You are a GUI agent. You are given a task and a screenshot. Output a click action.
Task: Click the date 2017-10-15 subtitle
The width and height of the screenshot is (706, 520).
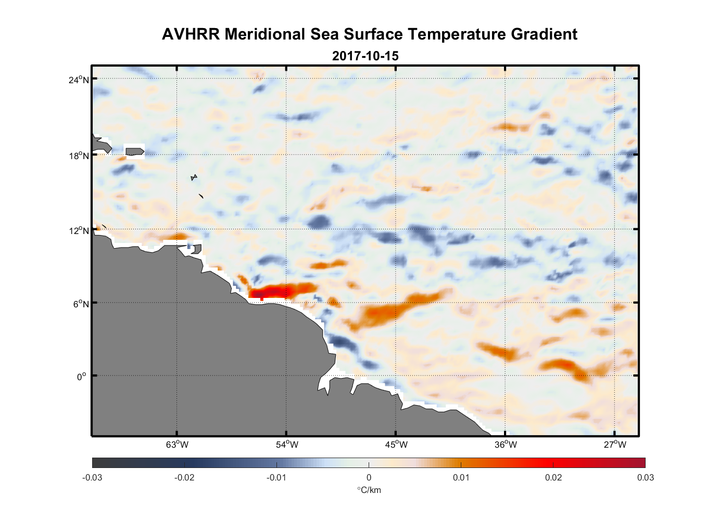pos(365,56)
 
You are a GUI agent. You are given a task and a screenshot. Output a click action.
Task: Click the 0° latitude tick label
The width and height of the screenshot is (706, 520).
pos(82,376)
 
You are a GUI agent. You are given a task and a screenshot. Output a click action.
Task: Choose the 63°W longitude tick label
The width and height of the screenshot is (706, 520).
pos(177,445)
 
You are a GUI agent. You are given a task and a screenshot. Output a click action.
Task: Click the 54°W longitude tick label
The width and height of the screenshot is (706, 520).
pos(287,445)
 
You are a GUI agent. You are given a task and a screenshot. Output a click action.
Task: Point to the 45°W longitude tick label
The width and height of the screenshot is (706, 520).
pos(396,445)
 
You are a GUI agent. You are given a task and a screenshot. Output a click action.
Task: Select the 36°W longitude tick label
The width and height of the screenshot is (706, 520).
pos(506,445)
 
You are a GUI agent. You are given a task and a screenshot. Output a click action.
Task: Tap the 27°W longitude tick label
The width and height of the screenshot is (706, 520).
pos(615,445)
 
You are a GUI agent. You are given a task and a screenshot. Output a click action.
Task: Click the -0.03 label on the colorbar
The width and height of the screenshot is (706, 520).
pos(92,477)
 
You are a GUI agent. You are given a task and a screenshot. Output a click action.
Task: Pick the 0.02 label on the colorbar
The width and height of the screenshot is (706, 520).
pos(553,477)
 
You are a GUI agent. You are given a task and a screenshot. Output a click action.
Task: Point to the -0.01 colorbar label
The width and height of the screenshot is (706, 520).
pos(276,477)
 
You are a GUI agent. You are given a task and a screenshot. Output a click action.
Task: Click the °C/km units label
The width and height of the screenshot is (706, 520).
pos(369,490)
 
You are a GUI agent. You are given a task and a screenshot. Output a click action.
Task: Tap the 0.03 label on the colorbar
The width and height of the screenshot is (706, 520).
pos(646,477)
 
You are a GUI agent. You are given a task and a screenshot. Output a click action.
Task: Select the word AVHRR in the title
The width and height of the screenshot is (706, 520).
pos(191,34)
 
